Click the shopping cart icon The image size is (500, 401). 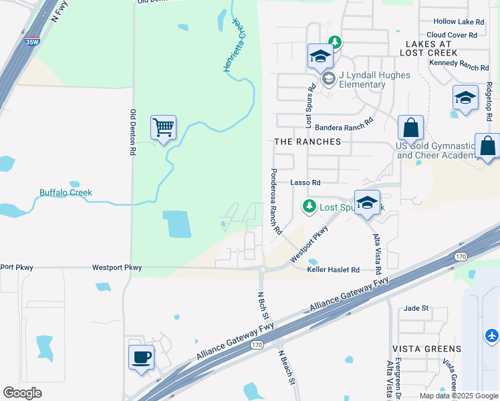coord(164,127)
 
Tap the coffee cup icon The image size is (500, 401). coord(141,357)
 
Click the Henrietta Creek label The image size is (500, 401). coord(234,47)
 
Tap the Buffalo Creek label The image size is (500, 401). coord(66,192)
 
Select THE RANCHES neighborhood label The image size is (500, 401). coord(307,142)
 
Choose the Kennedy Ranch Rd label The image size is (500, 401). coord(459,65)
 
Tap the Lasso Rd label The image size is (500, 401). coord(305,182)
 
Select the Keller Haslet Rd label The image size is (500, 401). coord(334,270)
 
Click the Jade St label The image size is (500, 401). coord(416,309)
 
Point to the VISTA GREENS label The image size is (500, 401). coord(426,349)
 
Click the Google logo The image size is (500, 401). coord(22,393)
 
